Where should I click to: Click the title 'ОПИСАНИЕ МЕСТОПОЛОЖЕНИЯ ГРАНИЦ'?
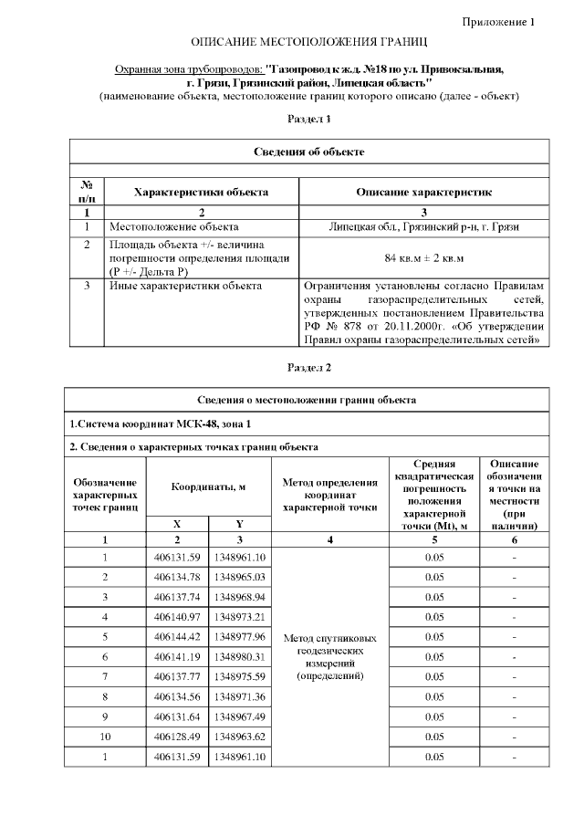point(309,44)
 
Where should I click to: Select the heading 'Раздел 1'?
point(309,119)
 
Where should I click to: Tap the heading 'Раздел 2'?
point(309,368)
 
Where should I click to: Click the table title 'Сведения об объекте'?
point(309,151)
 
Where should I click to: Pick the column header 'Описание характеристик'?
point(424,193)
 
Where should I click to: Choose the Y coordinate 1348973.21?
point(239,616)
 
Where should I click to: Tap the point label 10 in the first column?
point(106,737)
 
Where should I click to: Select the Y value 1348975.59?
point(239,676)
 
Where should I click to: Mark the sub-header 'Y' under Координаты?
point(239,525)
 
